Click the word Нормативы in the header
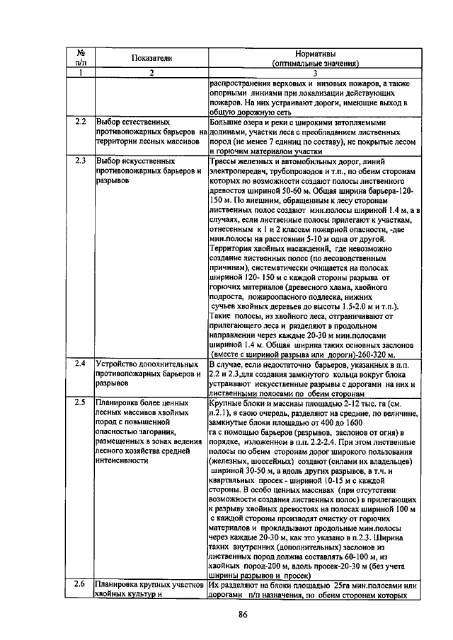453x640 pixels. pyautogui.click(x=315, y=54)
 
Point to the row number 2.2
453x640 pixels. pyautogui.click(x=81, y=122)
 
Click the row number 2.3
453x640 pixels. pyautogui.click(x=81, y=161)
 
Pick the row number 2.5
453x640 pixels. pyautogui.click(x=81, y=402)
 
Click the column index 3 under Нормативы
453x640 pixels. pyautogui.click(x=315, y=73)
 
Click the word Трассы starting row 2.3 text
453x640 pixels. pyautogui.click(x=225, y=161)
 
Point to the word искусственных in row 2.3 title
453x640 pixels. pyautogui.click(x=150, y=161)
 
